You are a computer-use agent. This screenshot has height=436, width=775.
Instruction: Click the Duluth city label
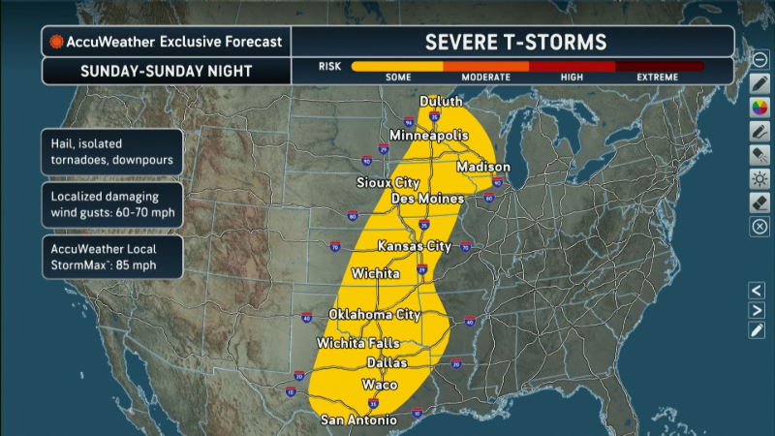[441, 102]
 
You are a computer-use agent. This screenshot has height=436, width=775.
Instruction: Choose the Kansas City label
[415, 245]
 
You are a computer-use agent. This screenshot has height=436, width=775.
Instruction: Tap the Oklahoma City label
[375, 315]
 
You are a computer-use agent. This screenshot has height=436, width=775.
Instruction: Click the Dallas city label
[387, 362]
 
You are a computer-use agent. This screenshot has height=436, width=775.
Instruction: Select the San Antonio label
[358, 420]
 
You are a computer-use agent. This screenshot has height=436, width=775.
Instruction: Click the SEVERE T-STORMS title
[515, 42]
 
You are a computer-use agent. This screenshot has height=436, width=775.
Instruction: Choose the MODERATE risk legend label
[485, 78]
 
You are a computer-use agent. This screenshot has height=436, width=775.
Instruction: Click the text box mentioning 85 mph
[110, 256]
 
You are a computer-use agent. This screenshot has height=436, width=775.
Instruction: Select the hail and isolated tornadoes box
[110, 152]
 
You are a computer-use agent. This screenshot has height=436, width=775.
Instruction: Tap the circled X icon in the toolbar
[759, 228]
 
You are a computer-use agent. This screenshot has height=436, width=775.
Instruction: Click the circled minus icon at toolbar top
[759, 59]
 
